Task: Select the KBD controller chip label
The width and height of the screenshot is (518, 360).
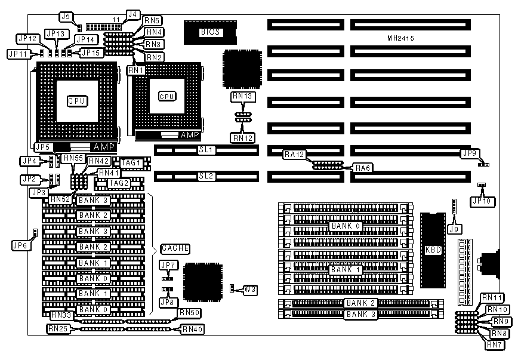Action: click(433, 250)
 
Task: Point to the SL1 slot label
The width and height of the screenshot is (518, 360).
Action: click(206, 150)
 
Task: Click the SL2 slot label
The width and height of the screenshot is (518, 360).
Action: click(206, 176)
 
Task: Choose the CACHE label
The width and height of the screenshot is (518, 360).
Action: click(175, 248)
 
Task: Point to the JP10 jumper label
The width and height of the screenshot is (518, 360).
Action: click(482, 201)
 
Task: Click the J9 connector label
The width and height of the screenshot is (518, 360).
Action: click(455, 228)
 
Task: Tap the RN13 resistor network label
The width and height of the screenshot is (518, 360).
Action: click(243, 96)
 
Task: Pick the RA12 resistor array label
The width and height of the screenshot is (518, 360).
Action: click(294, 155)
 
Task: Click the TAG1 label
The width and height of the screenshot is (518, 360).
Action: click(131, 162)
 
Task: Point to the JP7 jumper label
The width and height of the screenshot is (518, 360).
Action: click(168, 265)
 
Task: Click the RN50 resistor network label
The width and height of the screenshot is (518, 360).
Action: click(189, 313)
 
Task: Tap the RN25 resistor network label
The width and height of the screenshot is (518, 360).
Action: click(58, 328)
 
